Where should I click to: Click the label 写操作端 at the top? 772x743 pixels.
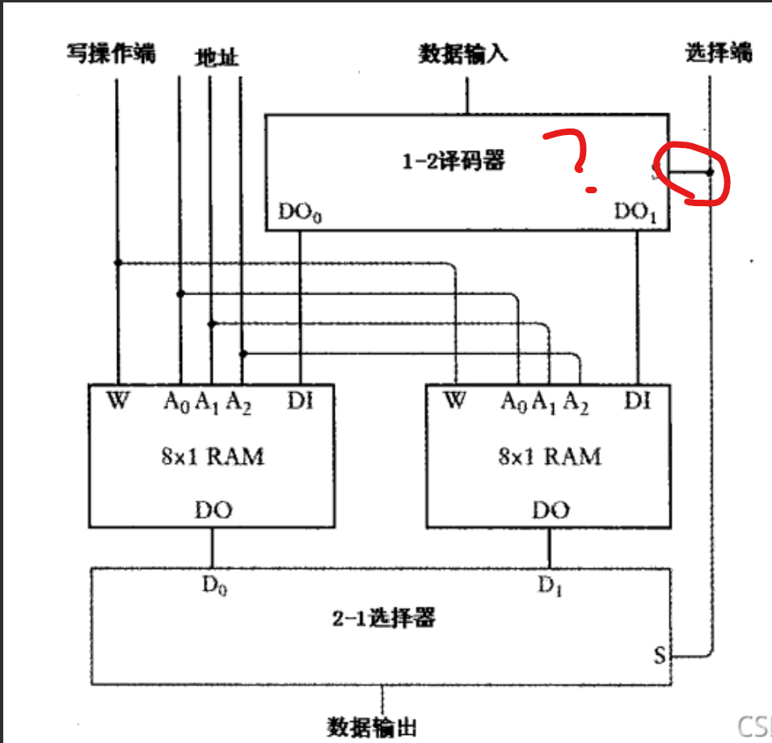click(111, 54)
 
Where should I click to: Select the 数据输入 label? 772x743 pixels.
click(463, 54)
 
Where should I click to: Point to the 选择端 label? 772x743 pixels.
click(719, 53)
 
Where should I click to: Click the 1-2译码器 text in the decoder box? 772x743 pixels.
click(453, 161)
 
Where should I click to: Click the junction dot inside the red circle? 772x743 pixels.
click(710, 171)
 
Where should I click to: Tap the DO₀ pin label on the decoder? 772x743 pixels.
click(301, 213)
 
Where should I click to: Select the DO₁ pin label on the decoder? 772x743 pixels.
click(636, 212)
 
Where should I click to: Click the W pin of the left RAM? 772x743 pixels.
click(117, 400)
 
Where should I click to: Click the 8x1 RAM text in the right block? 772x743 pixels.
click(550, 457)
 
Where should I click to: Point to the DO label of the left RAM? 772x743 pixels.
click(213, 510)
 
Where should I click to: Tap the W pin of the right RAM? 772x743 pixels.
click(455, 400)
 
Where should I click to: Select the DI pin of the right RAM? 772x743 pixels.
click(637, 400)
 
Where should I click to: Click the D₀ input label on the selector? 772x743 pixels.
click(214, 586)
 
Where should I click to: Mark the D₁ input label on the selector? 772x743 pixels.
click(550, 585)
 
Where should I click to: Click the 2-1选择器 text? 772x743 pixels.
click(383, 618)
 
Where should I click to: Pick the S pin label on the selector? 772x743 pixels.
click(660, 656)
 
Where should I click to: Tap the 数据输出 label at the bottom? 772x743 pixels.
click(372, 726)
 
